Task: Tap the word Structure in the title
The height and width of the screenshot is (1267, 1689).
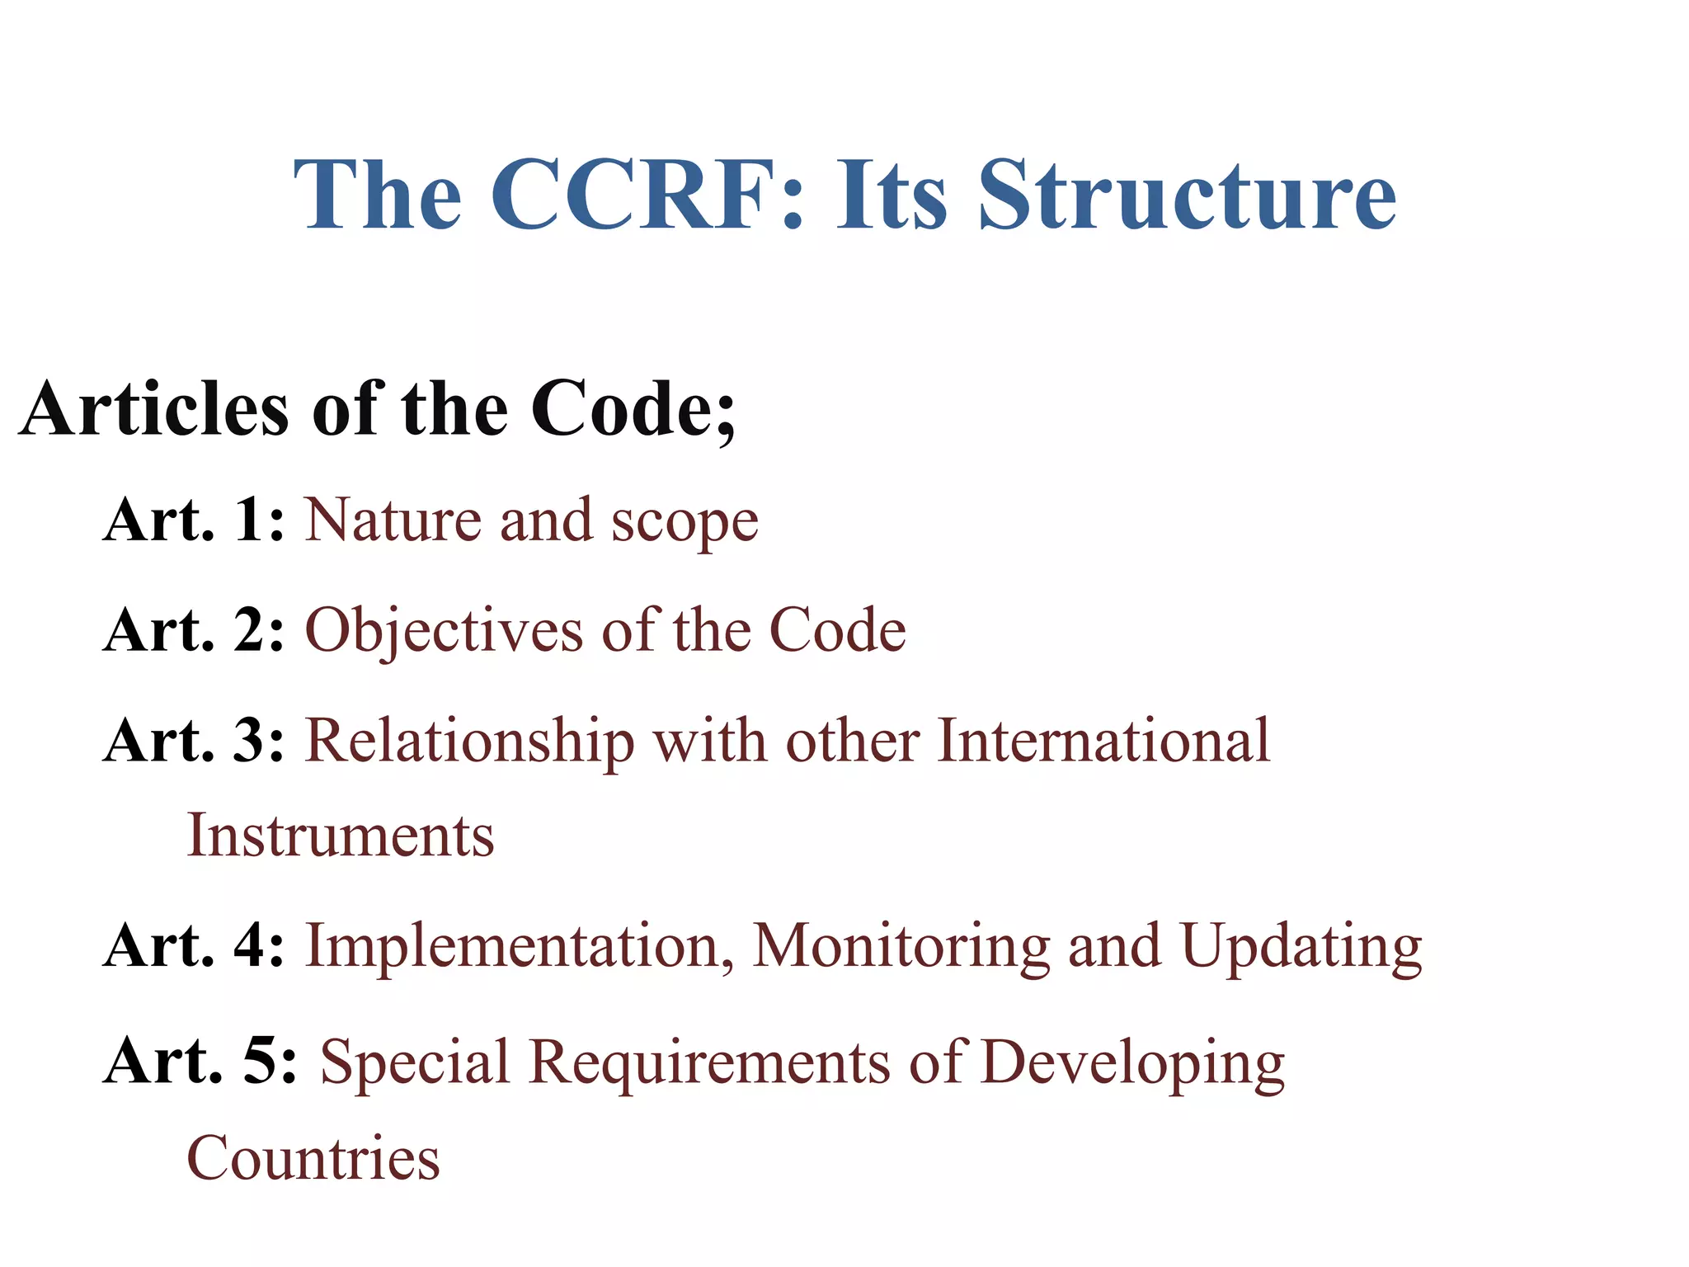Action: pos(1187,195)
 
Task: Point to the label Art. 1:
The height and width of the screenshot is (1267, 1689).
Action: pos(195,520)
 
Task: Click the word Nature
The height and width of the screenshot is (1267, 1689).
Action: pos(393,520)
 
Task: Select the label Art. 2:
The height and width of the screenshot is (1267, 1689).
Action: pos(195,630)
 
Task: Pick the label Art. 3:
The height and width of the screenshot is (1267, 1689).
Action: pos(195,740)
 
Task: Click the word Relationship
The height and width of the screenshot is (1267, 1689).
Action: pos(470,742)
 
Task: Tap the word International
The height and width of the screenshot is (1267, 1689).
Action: pos(1103,740)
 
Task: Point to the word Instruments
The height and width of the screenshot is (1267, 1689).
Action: pos(341,836)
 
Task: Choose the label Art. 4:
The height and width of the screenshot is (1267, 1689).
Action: pos(195,945)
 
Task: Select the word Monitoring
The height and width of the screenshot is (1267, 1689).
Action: pos(901,947)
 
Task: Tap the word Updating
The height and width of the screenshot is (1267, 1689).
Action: pos(1301,947)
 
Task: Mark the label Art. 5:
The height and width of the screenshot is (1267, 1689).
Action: pos(200,1061)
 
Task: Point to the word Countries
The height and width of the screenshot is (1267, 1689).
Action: pos(313,1158)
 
